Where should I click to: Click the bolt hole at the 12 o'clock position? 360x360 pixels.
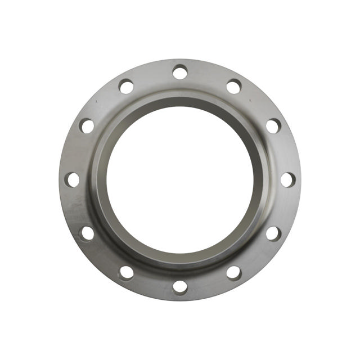coord(180,72)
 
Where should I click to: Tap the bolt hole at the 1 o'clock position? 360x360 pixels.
coord(233,87)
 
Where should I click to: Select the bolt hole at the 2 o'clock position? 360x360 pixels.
coord(273,126)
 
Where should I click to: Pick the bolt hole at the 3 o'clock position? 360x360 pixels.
coord(287,179)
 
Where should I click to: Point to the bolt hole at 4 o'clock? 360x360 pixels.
coord(273,233)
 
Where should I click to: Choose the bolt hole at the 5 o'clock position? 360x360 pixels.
coord(233,272)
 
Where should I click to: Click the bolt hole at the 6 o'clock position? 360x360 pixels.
coord(180,286)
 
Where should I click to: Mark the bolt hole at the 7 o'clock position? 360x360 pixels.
coord(127,272)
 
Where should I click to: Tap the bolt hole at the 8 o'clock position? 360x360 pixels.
coord(87,233)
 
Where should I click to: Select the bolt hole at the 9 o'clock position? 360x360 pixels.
coord(73,179)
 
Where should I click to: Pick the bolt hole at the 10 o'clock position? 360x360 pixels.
coord(87,126)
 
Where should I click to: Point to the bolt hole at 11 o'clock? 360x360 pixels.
coord(127,87)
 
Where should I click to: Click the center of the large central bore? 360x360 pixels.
coord(180,179)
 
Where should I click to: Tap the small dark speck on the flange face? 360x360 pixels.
coord(97,102)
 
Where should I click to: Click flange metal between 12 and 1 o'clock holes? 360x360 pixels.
coord(208,76)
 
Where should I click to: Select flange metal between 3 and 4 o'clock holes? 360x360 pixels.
coord(283,207)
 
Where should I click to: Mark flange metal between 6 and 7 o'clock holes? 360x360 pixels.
coord(152,283)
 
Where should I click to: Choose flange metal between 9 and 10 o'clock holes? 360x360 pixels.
coord(76,152)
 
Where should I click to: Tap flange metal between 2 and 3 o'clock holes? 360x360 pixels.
coord(283,152)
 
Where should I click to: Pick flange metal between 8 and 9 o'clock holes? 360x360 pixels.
coord(76,207)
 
